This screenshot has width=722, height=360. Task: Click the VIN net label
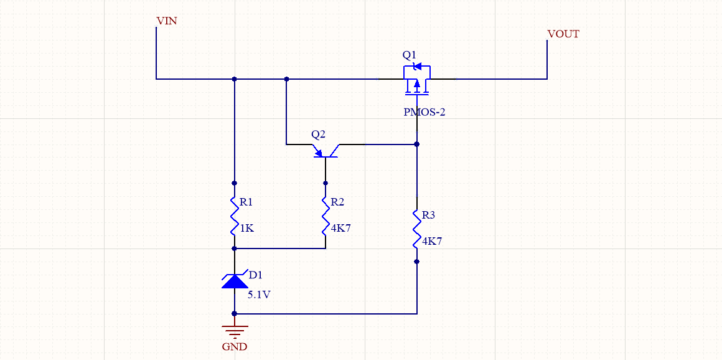(x=167, y=21)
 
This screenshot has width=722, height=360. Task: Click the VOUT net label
(x=563, y=34)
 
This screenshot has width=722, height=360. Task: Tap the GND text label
(x=235, y=347)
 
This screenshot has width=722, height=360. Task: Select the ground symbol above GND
(x=235, y=331)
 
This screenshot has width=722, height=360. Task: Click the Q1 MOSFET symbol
(x=417, y=80)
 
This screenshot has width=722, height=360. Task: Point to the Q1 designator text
(x=409, y=55)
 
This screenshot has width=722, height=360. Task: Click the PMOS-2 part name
(x=424, y=113)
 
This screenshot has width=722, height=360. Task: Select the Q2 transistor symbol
(x=326, y=150)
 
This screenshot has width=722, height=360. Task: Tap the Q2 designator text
(x=318, y=135)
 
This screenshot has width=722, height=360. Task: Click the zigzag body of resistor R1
(x=235, y=216)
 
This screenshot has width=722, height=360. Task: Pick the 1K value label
(x=246, y=229)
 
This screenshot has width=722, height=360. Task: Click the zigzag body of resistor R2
(x=326, y=216)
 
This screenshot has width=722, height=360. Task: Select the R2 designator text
(x=337, y=202)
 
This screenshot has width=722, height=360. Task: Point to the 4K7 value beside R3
(x=431, y=242)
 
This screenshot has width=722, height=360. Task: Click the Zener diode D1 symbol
(x=235, y=281)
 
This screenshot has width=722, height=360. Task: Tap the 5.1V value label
(x=259, y=295)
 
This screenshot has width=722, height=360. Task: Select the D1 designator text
(x=255, y=275)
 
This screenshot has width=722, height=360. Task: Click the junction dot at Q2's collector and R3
(x=417, y=144)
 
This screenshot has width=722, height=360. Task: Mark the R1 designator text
(x=246, y=202)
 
